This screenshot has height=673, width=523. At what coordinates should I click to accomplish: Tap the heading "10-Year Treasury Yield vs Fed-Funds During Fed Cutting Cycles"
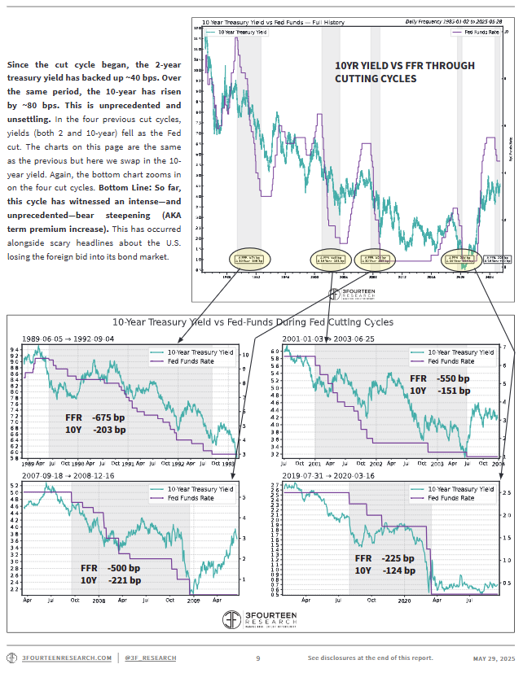coord(253,322)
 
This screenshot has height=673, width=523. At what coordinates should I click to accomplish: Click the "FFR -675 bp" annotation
coord(95,417)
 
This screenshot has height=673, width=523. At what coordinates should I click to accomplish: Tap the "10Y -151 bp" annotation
coord(440,391)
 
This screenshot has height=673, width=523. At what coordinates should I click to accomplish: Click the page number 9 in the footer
coord(257,658)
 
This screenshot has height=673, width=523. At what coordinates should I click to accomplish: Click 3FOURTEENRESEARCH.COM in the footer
coord(67,658)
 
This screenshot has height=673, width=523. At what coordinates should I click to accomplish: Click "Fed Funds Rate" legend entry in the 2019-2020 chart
coord(446,496)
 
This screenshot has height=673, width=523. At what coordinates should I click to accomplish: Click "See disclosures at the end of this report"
coord(371,658)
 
